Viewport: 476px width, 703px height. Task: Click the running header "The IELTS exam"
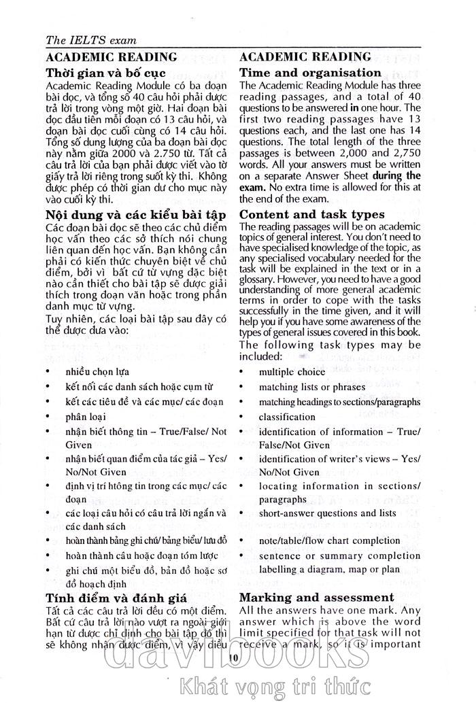pos(90,40)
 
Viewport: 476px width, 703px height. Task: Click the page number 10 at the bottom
pos(233,657)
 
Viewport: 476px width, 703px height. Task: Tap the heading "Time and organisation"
pos(310,72)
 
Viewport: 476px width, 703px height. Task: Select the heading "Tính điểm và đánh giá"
pos(116,598)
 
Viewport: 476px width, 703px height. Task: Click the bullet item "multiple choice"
pos(292,372)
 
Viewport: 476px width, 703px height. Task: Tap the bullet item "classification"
pos(287,417)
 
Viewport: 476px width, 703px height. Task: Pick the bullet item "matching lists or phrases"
pos(311,387)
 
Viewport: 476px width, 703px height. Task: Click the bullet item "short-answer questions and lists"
pos(327,513)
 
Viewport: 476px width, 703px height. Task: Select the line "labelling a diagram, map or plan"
pos(329,569)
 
